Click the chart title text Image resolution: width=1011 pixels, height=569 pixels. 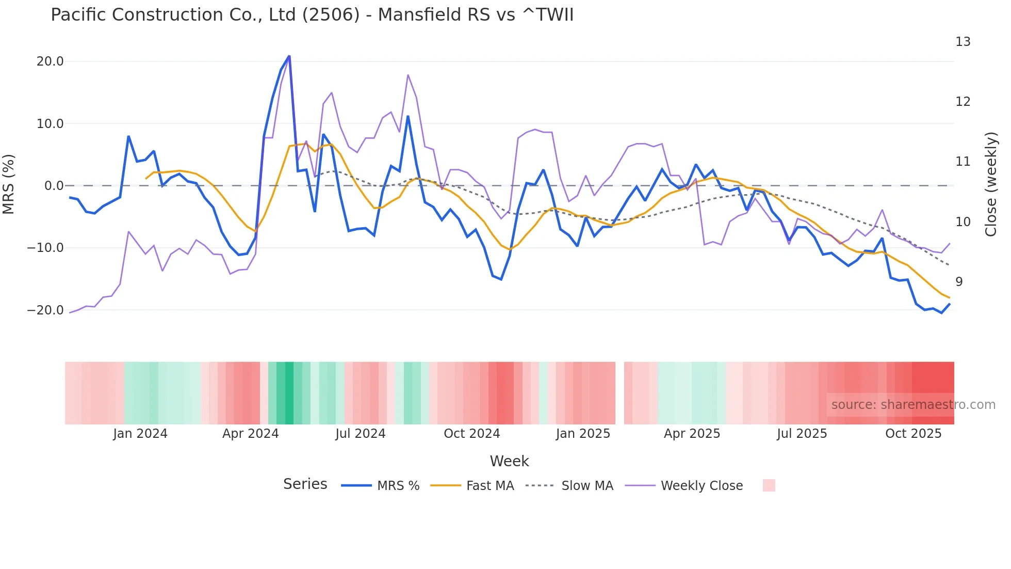(x=312, y=14)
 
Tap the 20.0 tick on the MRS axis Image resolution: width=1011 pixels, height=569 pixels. (x=50, y=61)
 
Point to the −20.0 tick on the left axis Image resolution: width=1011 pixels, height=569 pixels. (x=45, y=310)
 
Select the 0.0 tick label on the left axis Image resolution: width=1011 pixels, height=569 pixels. (x=54, y=186)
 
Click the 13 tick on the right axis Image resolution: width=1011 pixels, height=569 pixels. (x=963, y=42)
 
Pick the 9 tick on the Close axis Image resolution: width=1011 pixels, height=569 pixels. (x=959, y=282)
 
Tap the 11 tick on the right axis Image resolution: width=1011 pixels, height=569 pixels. (x=963, y=162)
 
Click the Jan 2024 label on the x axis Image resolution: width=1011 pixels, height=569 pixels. (x=140, y=434)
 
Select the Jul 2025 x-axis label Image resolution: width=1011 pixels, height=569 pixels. (x=802, y=434)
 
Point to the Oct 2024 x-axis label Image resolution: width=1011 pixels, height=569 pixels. (x=471, y=434)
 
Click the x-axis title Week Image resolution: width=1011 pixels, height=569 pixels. (x=509, y=461)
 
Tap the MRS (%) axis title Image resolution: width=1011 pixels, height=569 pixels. (x=9, y=184)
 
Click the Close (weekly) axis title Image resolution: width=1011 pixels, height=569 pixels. (x=991, y=184)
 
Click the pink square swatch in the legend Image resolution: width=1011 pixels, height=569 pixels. (x=769, y=485)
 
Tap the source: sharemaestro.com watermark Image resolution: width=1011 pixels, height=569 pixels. (x=913, y=405)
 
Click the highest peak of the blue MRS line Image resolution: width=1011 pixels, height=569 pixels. (x=289, y=56)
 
